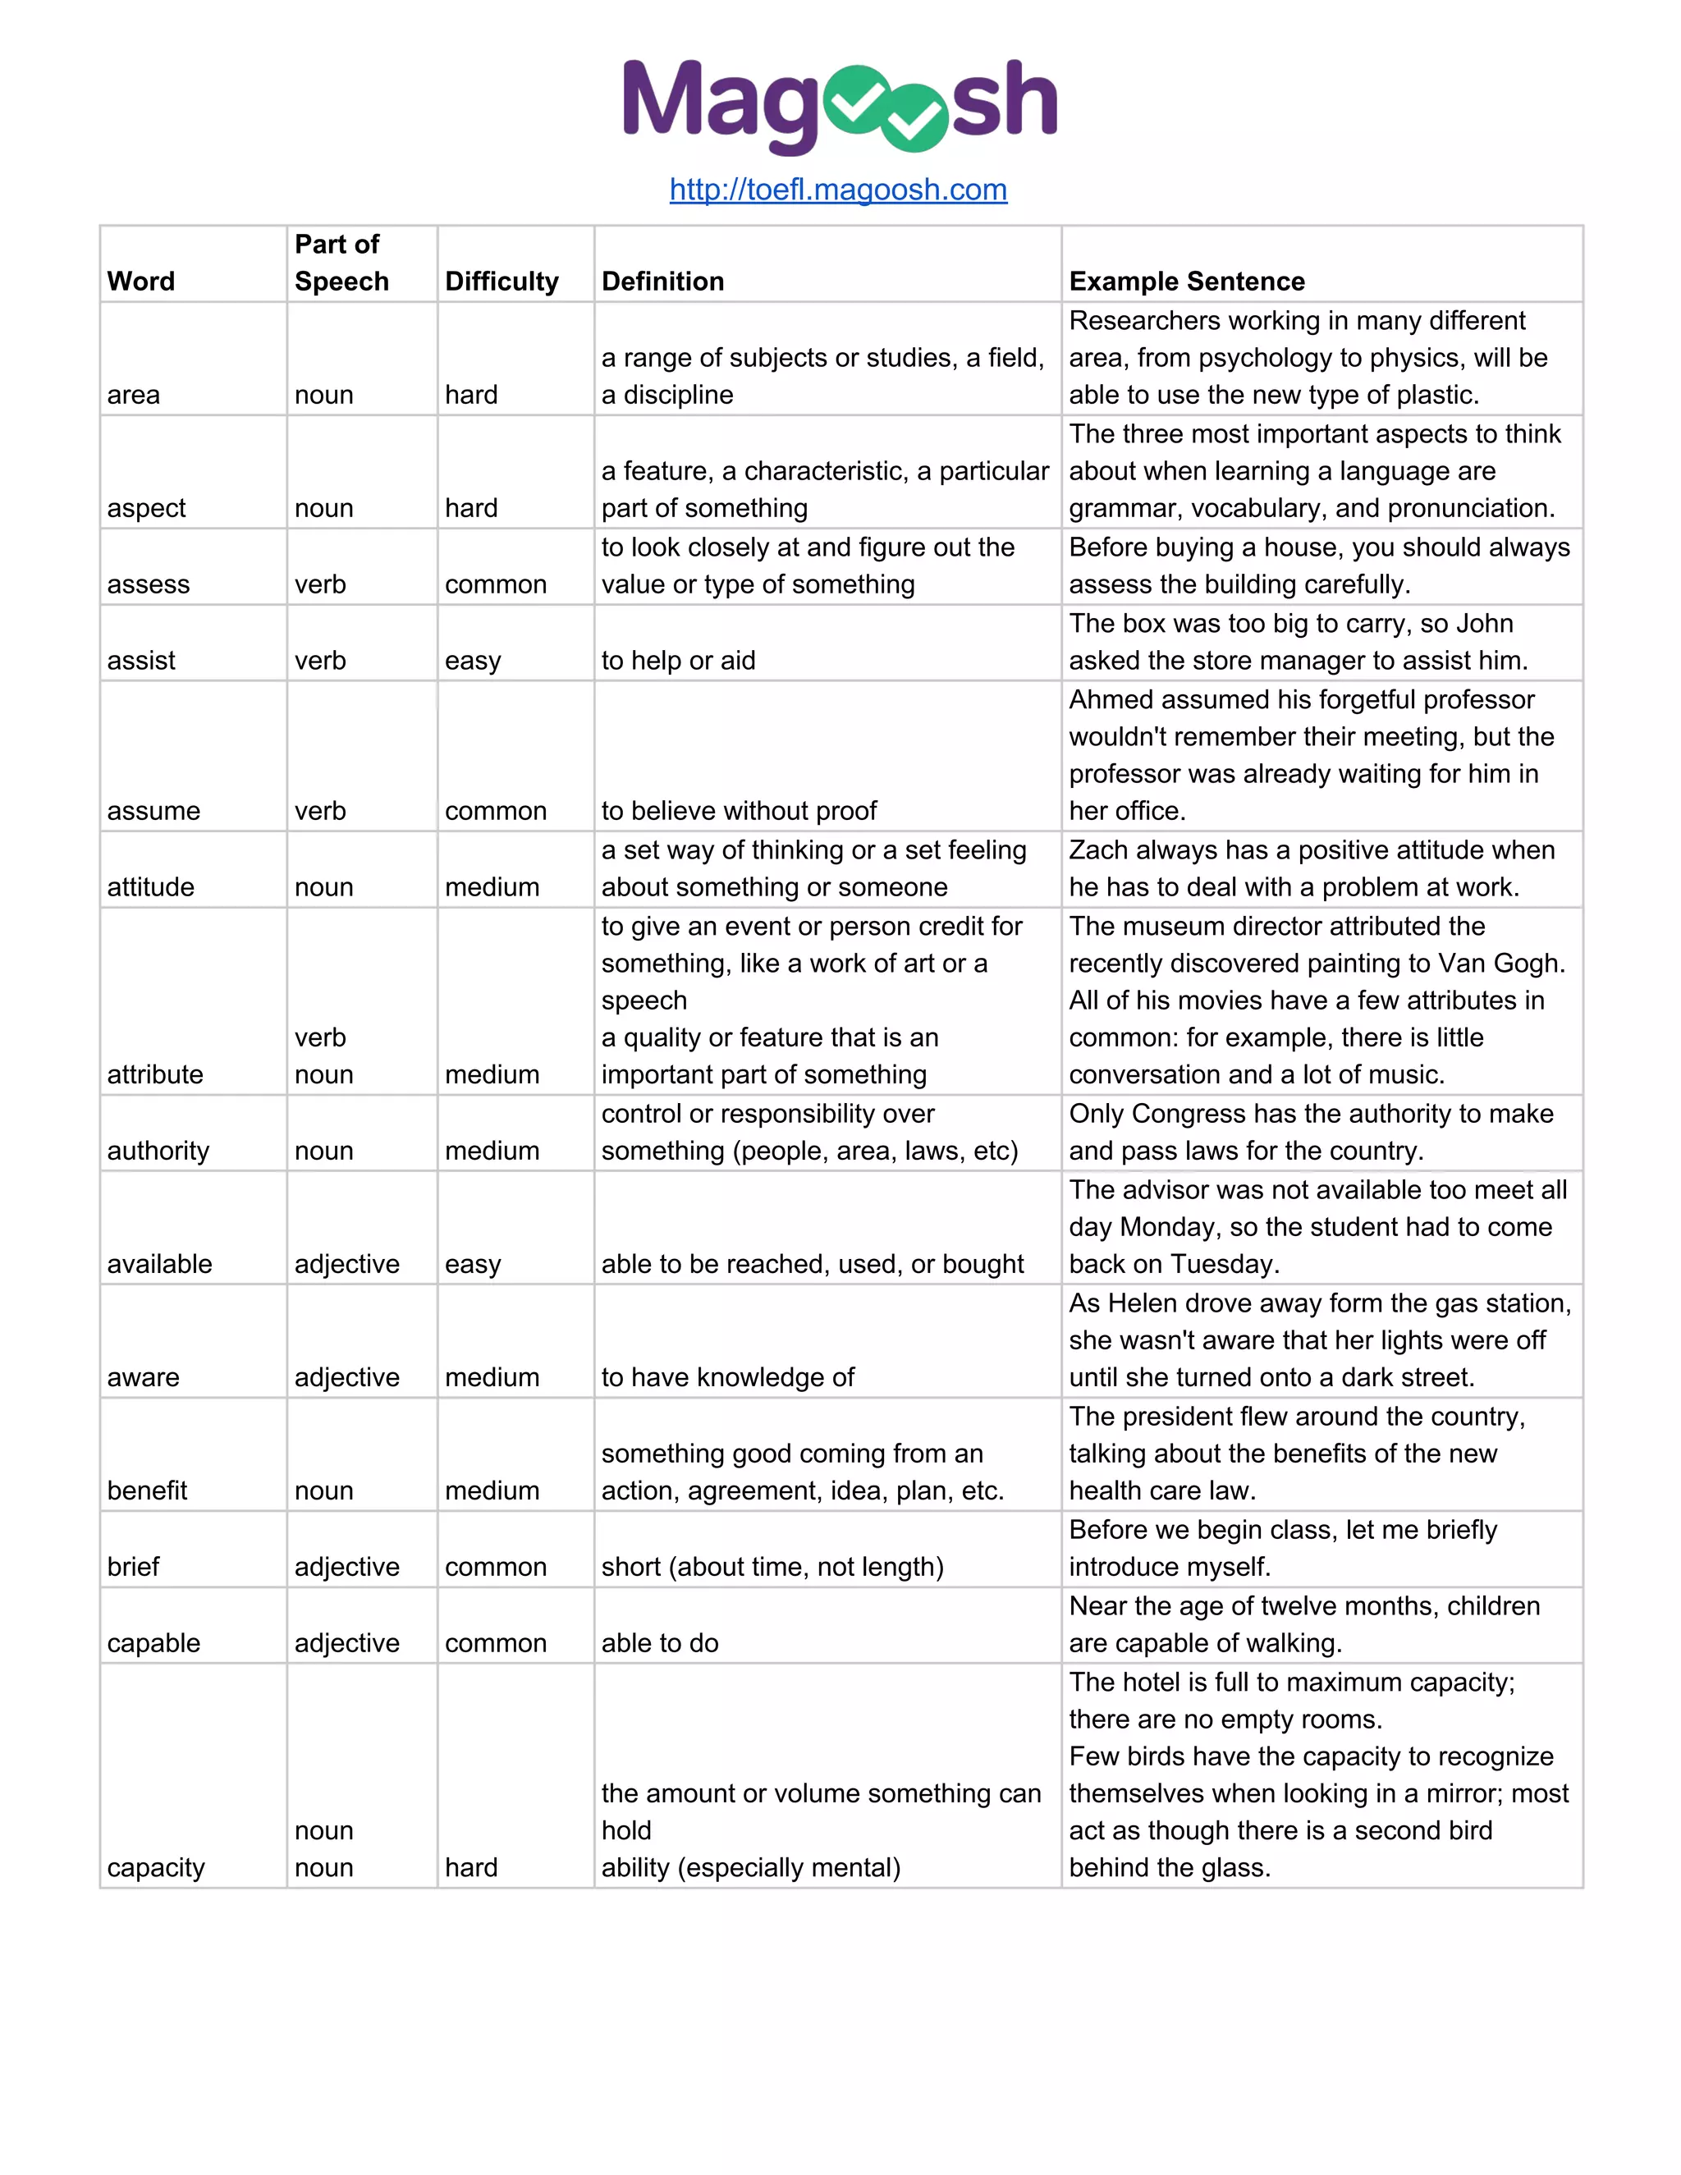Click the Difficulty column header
501,282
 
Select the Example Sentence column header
1186,282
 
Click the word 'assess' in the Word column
149,584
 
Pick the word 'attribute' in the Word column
155,1074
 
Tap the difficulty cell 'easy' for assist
472,662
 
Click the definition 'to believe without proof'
738,811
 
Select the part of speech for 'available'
346,1264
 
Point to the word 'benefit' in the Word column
148,1490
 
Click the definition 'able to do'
659,1643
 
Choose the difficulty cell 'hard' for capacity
471,1867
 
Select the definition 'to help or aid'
678,662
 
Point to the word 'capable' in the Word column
153,1643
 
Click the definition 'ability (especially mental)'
750,1867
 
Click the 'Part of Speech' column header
341,263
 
